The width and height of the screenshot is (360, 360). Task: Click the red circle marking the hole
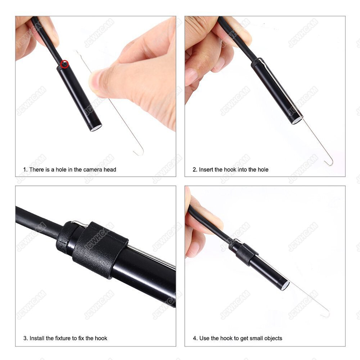(x=65, y=64)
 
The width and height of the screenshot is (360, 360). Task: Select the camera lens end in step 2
(x=298, y=121)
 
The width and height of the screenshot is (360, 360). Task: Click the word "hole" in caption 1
(x=61, y=170)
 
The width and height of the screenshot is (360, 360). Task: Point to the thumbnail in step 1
(x=96, y=80)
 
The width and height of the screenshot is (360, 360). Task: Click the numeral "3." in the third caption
(x=26, y=338)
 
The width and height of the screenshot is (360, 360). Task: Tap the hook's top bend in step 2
(x=261, y=60)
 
